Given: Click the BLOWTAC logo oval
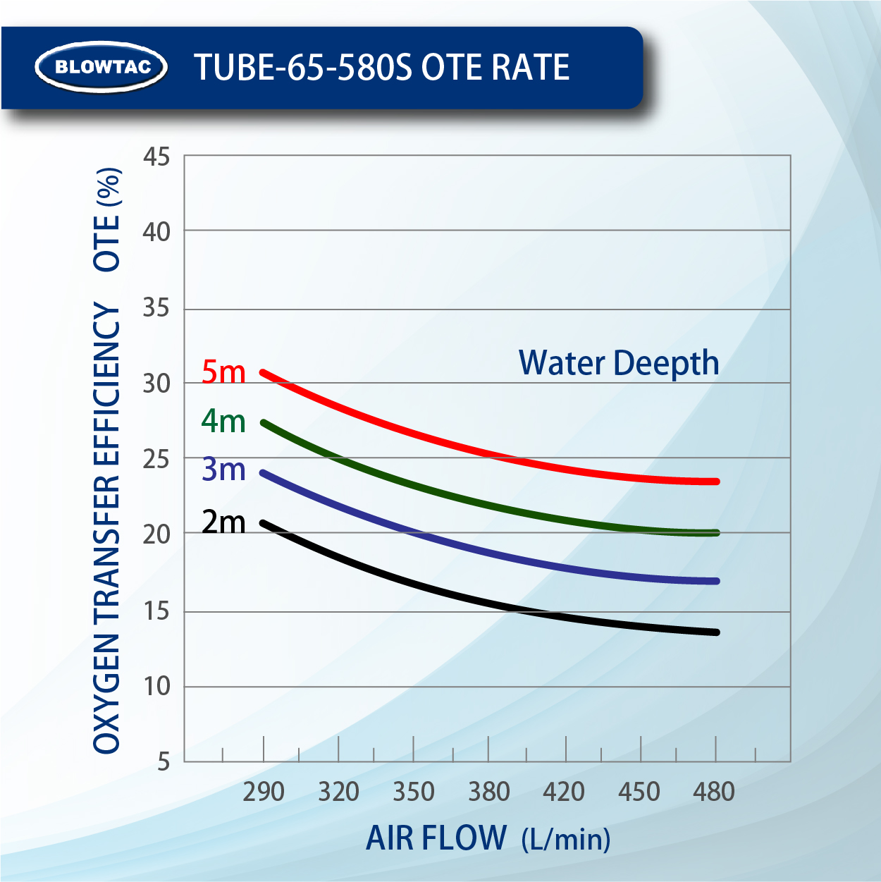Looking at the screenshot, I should point(101,67).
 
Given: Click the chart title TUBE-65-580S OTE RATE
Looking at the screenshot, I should point(381,68).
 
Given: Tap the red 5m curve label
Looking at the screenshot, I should point(223,372).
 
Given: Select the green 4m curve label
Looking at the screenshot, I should point(223,421).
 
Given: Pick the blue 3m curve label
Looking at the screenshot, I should point(223,469).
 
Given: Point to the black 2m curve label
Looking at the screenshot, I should point(223,522).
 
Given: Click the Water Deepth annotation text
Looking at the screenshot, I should point(619,363).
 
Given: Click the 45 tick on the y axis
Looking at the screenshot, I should point(156,157).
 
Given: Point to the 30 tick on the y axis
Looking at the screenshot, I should point(156,384).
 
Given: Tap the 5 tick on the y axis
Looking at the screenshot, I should point(164,761).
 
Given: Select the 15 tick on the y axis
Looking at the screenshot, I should point(156,611).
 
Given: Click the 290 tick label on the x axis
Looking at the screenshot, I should point(264,792).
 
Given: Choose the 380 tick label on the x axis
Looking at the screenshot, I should point(489,792).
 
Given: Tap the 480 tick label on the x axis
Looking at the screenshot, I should point(714,792).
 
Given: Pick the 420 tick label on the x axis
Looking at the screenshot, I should point(564,792).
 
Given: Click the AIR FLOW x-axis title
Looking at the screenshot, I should point(488,838).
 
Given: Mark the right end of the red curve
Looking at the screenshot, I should point(716,482).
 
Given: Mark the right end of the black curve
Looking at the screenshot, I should point(716,632).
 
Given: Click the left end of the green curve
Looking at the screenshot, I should point(264,423).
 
